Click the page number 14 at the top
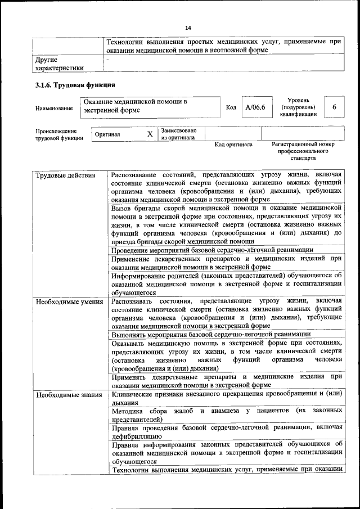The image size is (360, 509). [188, 28]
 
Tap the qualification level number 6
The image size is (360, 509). [334, 107]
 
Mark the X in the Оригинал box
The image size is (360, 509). [150, 134]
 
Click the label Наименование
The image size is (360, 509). [54, 108]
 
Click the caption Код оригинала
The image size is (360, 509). [233, 145]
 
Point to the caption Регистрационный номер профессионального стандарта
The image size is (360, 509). [303, 151]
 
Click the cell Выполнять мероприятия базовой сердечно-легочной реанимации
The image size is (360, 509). [211, 334]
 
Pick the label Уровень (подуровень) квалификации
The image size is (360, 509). [298, 107]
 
